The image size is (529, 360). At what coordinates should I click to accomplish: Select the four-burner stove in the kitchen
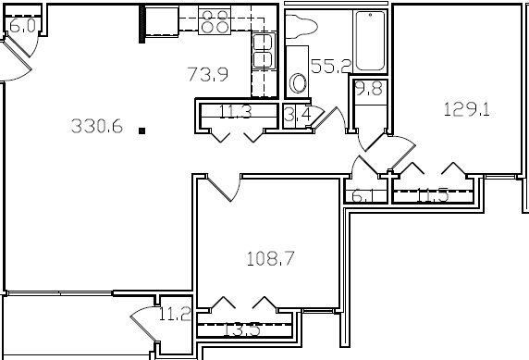click(x=215, y=20)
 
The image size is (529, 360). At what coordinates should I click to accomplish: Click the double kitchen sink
click(x=264, y=48)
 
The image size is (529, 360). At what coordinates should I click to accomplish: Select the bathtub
click(x=372, y=42)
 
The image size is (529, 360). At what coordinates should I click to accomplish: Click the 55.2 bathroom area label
click(x=329, y=67)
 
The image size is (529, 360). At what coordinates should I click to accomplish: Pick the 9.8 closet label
click(x=369, y=89)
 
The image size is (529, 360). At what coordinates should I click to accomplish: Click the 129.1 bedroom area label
click(x=466, y=108)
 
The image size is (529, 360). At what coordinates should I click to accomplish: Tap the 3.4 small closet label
click(x=296, y=116)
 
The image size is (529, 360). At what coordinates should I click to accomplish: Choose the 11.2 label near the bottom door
click(x=174, y=315)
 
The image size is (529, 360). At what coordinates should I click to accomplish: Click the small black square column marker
click(x=141, y=131)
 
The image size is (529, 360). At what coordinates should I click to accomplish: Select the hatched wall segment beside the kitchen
click(x=142, y=24)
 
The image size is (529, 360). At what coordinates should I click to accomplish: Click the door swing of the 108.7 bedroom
click(x=220, y=190)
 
